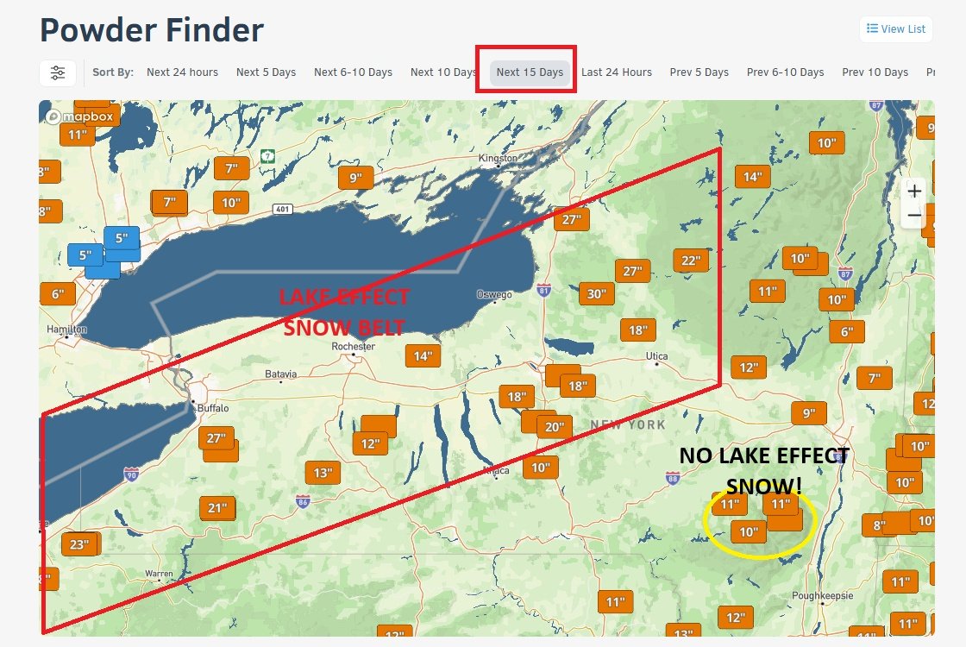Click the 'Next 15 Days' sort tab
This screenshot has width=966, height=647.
pyautogui.click(x=530, y=72)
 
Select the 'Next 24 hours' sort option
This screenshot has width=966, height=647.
pyautogui.click(x=182, y=72)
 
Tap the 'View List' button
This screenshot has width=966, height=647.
pyautogui.click(x=896, y=29)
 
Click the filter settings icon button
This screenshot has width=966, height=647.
pyautogui.click(x=58, y=73)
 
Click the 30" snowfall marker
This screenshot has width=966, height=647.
pyautogui.click(x=596, y=293)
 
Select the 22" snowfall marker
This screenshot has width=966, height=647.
pyautogui.click(x=691, y=261)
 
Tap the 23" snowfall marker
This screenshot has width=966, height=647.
pyautogui.click(x=79, y=544)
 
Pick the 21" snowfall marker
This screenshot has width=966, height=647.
pyautogui.click(x=216, y=508)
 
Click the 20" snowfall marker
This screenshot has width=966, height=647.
pyautogui.click(x=554, y=426)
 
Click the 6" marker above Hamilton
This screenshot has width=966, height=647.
pyautogui.click(x=57, y=293)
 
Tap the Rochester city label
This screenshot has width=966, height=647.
pyautogui.click(x=354, y=347)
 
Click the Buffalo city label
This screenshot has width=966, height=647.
pyautogui.click(x=213, y=408)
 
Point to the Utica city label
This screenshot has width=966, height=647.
pyautogui.click(x=657, y=355)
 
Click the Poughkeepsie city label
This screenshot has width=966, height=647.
pyautogui.click(x=826, y=595)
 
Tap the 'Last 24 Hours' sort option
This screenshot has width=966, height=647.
pyautogui.click(x=616, y=72)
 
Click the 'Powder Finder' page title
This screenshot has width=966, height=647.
pyautogui.click(x=152, y=30)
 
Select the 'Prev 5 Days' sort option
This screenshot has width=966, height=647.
pyautogui.click(x=699, y=72)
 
